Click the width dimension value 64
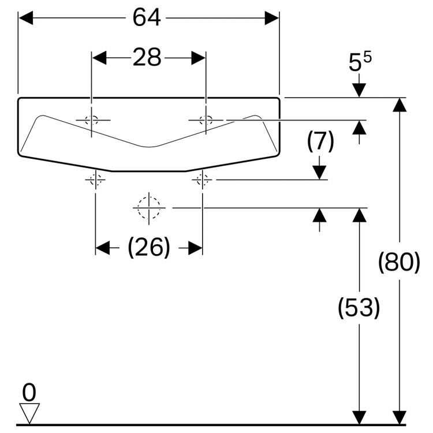(x=147, y=18)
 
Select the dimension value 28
(x=147, y=58)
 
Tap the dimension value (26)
(x=149, y=248)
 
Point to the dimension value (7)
(x=320, y=141)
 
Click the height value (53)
(x=359, y=308)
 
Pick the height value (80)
(x=399, y=263)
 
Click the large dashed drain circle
(x=148, y=207)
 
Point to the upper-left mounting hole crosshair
(x=91, y=121)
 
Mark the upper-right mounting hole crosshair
(x=206, y=121)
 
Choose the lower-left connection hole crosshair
(x=95, y=180)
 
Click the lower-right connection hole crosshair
(x=202, y=180)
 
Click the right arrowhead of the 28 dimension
(x=199, y=58)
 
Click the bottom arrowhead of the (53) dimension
(x=359, y=417)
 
